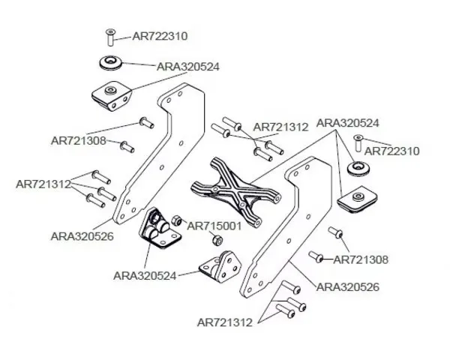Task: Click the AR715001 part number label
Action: [213, 225]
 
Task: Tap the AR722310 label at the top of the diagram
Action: [160, 35]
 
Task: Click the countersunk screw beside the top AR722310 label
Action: [110, 35]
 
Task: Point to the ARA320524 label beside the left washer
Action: [188, 67]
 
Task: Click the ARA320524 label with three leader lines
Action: [348, 122]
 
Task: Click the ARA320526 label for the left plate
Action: [82, 235]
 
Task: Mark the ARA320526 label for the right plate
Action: [348, 286]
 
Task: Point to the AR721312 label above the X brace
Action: [280, 127]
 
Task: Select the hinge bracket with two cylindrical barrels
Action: [159, 231]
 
